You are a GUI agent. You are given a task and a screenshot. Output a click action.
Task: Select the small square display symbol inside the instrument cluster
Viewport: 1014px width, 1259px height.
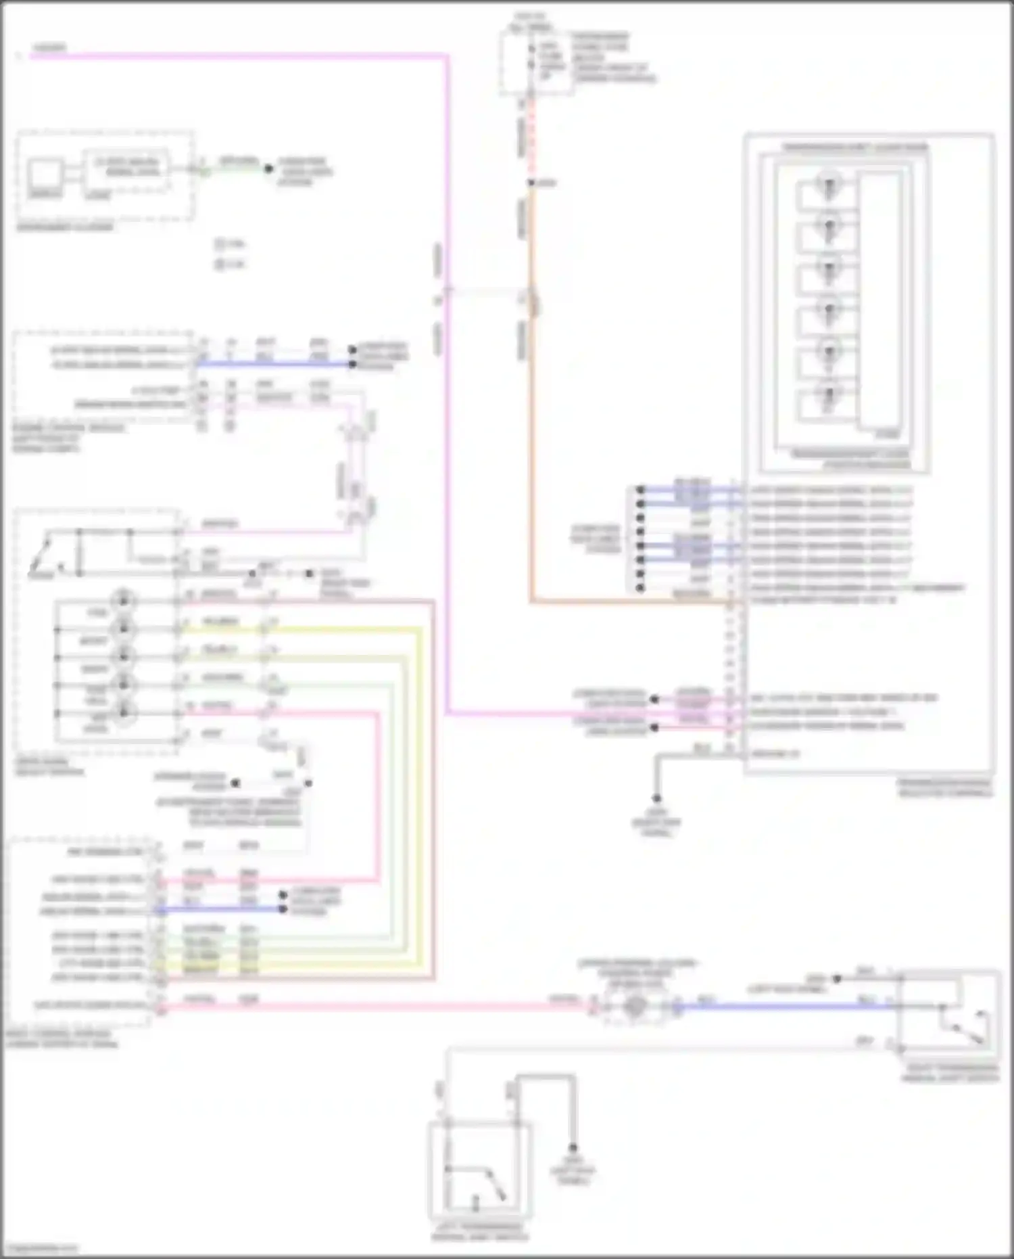coord(44,174)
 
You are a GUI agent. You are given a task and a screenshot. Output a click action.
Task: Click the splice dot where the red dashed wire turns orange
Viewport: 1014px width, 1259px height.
coord(531,183)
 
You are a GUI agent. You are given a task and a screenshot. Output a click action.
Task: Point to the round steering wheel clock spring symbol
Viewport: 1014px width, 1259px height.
coord(633,1007)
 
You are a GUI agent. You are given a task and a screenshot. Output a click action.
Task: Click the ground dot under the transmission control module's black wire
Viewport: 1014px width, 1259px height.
coord(656,799)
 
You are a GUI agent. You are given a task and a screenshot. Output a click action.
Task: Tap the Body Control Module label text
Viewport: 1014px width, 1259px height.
coord(61,1039)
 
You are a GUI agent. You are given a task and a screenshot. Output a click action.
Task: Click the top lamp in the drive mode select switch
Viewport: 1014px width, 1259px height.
coord(124,600)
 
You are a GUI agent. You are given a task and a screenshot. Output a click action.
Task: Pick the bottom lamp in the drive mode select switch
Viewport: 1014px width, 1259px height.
coord(124,712)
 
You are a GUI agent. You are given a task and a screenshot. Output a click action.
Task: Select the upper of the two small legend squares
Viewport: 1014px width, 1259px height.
coord(220,244)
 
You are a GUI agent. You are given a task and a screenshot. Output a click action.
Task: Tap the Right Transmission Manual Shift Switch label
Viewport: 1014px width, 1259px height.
coord(950,1073)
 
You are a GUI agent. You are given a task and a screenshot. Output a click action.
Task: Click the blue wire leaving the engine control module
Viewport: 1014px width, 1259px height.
coord(270,364)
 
